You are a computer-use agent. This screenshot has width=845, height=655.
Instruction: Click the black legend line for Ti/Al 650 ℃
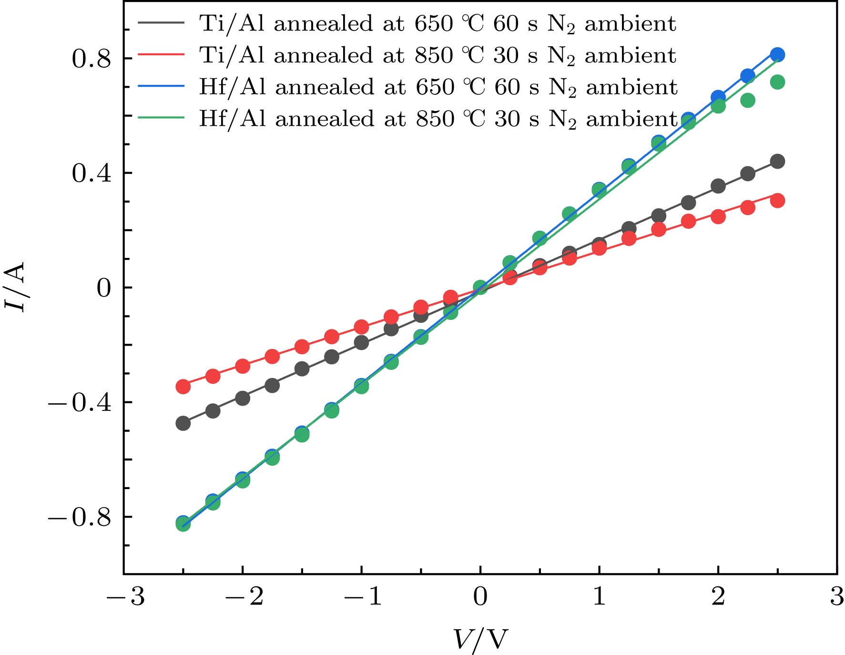click(161, 23)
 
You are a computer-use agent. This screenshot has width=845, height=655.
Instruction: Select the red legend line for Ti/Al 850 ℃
click(161, 55)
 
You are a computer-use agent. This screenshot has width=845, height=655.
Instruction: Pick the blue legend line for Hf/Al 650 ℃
click(161, 86)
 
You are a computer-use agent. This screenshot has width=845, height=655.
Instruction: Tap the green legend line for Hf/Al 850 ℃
click(161, 118)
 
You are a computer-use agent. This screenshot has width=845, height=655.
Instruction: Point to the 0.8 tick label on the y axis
click(91, 59)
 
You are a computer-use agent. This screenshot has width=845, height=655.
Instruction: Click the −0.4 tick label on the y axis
click(79, 403)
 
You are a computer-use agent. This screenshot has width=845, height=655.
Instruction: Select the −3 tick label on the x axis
click(125, 596)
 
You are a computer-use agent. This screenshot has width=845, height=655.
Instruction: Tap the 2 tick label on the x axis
click(718, 596)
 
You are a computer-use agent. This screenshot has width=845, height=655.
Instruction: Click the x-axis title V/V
click(480, 639)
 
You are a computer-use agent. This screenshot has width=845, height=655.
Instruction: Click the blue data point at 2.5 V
click(777, 55)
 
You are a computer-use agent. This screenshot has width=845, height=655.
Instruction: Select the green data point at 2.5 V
click(777, 82)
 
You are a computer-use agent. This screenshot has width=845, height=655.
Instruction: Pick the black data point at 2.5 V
click(777, 162)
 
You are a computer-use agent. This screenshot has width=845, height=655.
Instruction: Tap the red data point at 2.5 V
click(777, 201)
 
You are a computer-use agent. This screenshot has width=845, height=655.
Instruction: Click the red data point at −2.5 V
click(183, 386)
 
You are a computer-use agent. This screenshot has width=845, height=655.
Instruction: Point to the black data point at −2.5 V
click(183, 423)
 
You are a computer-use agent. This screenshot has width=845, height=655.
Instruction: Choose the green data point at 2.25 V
click(748, 100)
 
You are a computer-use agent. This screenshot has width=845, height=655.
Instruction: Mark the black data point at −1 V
click(361, 342)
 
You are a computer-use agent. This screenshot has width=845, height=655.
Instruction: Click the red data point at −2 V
click(243, 366)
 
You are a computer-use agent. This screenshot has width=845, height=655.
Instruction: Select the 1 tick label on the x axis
click(599, 596)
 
